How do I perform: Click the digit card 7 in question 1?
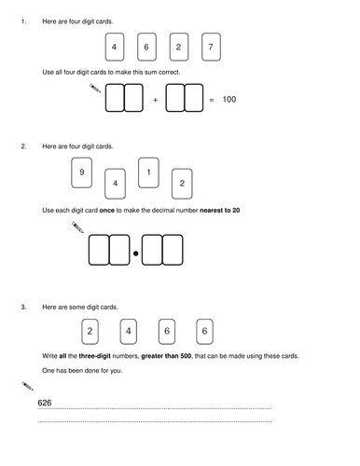tap(211, 47)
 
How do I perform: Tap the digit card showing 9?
tap(81, 172)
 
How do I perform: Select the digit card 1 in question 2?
tap(148, 172)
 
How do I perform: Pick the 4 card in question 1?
tap(115, 47)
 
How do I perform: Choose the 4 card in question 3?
tap(128, 332)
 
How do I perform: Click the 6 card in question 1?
tap(146, 47)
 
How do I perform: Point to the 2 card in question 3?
tap(90, 332)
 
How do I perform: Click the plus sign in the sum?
tap(156, 100)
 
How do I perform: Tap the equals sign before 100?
tap(212, 100)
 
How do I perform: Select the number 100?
tap(229, 100)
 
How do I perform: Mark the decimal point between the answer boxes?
tap(135, 254)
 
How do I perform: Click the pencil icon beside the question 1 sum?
tap(95, 89)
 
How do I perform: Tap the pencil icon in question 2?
tap(77, 227)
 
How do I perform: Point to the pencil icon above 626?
tap(28, 386)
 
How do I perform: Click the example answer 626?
tap(45, 403)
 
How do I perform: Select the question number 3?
tap(23, 308)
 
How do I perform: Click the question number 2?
tap(23, 146)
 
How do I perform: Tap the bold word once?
tap(107, 211)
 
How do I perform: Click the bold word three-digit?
tap(95, 356)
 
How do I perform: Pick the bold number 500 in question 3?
tap(186, 356)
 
